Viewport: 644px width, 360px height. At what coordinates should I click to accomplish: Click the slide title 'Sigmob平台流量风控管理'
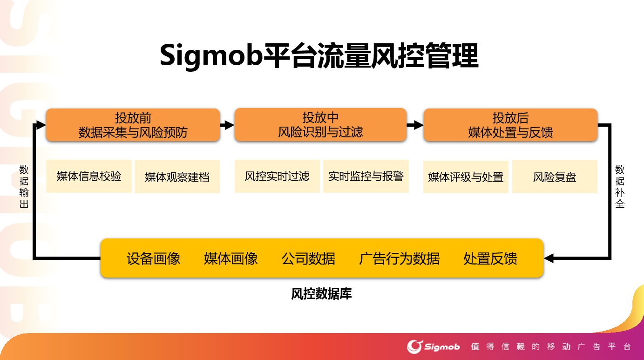coord(319,55)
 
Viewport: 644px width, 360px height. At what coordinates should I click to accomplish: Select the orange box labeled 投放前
coord(133,125)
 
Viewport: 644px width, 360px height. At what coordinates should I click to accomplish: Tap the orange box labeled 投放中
coord(320,124)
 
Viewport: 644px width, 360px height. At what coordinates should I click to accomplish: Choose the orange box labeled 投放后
coord(510,125)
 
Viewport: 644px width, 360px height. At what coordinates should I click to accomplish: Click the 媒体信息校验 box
coord(89,176)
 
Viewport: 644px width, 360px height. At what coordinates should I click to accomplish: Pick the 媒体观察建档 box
coord(177,177)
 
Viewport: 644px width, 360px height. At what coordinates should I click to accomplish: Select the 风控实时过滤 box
coord(277,176)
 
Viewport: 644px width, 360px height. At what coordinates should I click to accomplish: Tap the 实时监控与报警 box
coord(366,176)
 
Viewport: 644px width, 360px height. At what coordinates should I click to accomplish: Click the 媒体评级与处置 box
coord(466,177)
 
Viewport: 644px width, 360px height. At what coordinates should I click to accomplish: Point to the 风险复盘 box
coord(555,177)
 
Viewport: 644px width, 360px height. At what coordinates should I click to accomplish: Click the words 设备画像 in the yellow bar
coord(153,258)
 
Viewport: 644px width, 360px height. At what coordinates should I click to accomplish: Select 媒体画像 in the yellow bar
coord(230,258)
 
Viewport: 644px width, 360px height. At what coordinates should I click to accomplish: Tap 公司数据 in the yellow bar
coord(308,258)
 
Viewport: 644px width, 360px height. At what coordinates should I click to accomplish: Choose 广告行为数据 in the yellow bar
coord(400,258)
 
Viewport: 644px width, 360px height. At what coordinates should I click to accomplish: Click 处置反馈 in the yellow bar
coord(490,258)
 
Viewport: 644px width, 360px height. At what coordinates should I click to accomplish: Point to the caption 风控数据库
coord(321,293)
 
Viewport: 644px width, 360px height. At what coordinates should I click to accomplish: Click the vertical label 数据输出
coord(24,186)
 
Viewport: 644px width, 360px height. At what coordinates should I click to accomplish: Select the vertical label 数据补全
coord(620,186)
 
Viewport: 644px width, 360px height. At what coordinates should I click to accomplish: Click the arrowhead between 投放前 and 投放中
coord(229,125)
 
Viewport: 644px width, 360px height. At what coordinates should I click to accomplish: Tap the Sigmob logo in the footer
coord(433,346)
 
